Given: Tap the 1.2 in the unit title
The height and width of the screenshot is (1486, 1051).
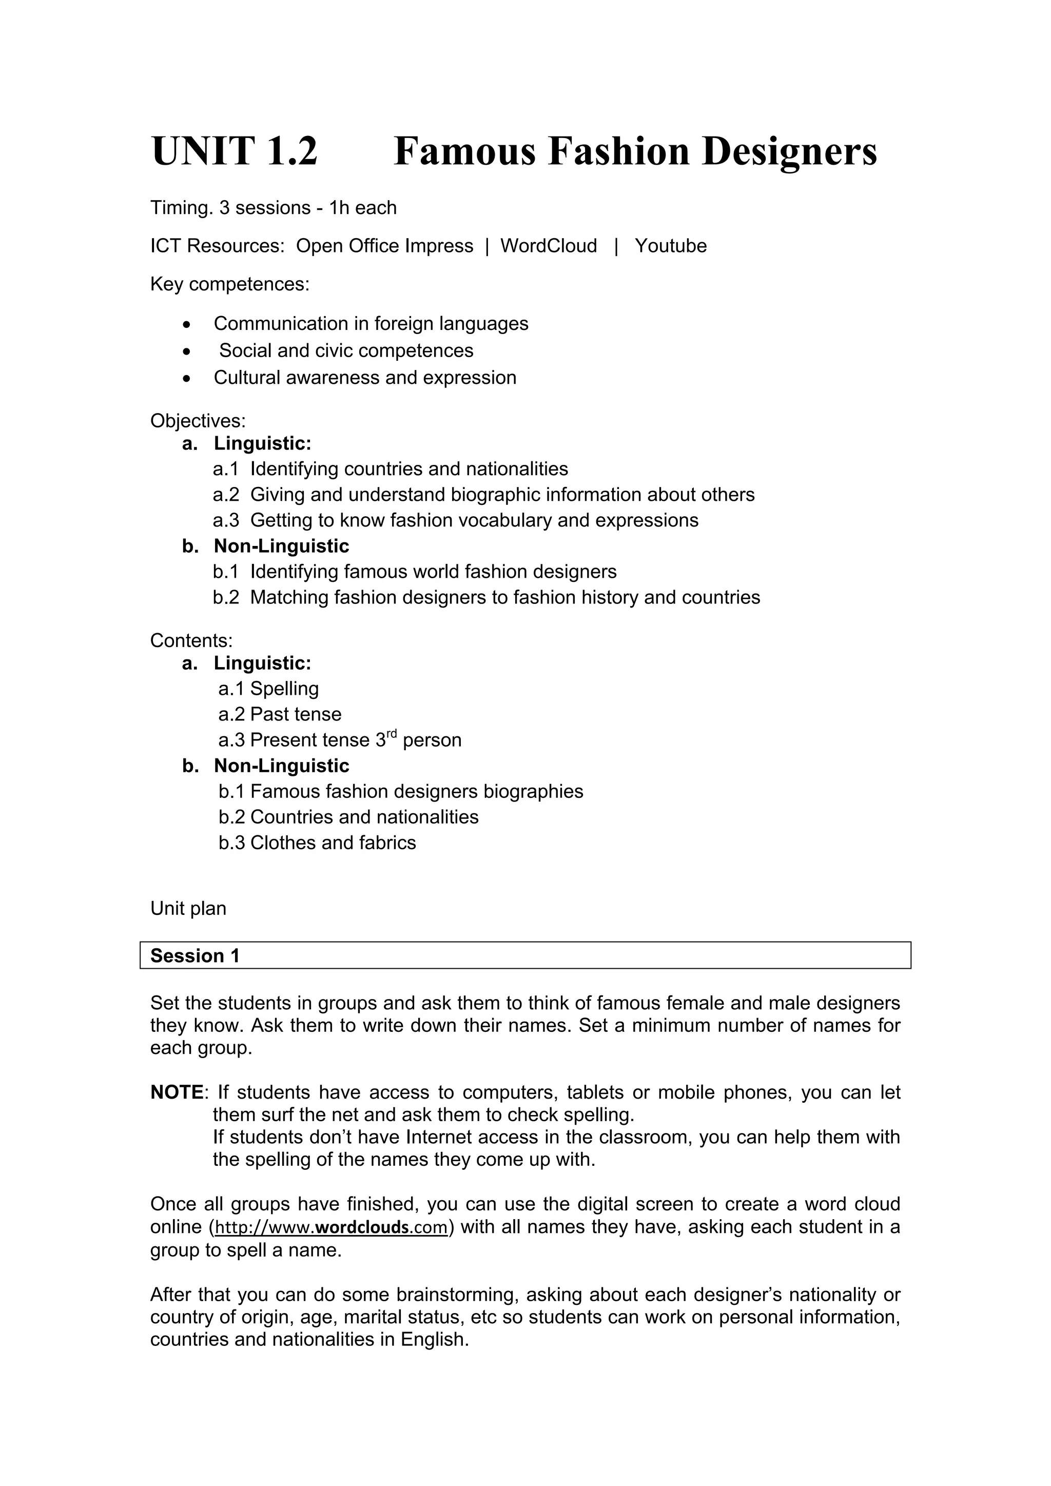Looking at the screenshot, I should [x=290, y=151].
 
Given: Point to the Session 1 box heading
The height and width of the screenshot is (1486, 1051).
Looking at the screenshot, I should [x=195, y=956].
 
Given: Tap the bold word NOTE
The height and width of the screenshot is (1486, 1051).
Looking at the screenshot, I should [x=177, y=1092].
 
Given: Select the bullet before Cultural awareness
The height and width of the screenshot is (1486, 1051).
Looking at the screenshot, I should [x=187, y=379].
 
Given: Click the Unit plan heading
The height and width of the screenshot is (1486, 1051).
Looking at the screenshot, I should [x=188, y=908].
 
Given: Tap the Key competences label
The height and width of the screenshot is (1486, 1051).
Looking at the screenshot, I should [x=230, y=284].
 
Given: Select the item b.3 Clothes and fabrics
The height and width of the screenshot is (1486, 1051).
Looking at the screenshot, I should [x=317, y=843].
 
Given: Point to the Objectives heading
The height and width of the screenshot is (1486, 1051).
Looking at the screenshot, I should [x=198, y=421].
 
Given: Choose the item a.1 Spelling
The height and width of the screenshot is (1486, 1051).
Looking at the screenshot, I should [x=268, y=689].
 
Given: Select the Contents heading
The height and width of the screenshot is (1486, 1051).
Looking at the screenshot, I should [x=191, y=641].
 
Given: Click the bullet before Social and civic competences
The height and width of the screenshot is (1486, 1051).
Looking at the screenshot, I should [x=187, y=351].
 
